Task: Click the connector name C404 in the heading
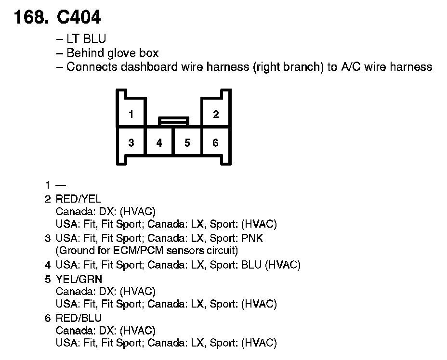79,17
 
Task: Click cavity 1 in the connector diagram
131,114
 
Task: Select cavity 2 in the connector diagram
215,114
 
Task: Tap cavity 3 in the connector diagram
131,142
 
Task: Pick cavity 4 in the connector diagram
159,142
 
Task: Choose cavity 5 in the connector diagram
187,142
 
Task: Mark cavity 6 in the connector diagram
215,142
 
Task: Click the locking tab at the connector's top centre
173,120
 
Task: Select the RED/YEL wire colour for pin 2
79,198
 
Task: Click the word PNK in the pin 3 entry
253,238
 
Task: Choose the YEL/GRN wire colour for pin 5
79,279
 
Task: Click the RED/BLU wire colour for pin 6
79,318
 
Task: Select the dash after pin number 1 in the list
60,185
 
